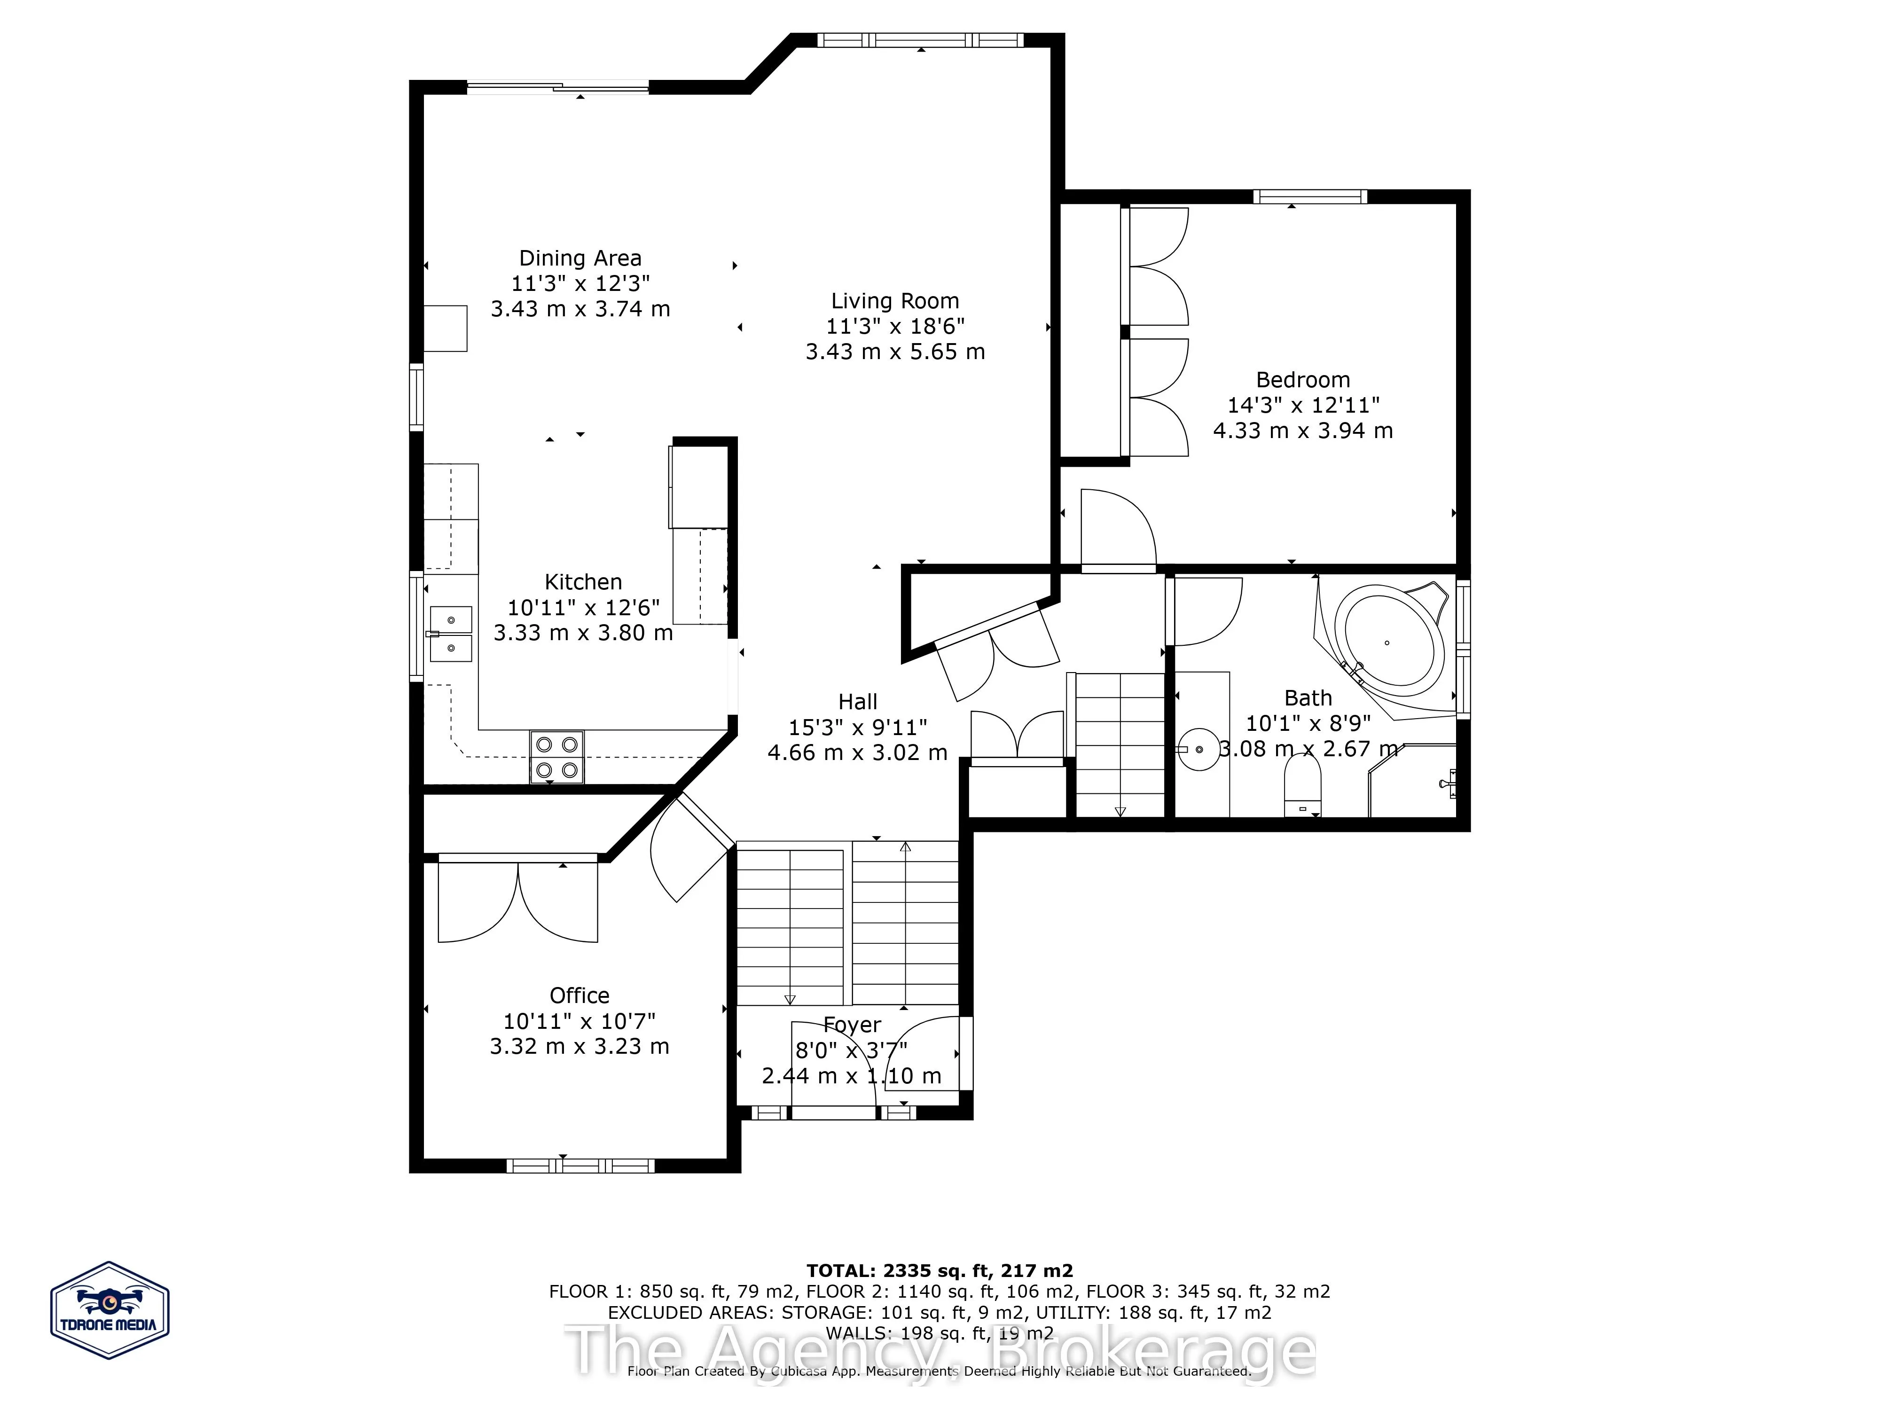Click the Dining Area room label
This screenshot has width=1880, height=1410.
click(580, 258)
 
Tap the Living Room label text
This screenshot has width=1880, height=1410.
click(895, 301)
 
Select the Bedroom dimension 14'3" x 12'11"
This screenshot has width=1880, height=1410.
click(1303, 406)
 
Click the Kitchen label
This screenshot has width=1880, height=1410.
click(583, 582)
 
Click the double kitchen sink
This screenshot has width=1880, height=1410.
click(450, 633)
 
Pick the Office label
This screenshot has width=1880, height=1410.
click(580, 995)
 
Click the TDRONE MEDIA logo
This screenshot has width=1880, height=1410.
click(110, 1310)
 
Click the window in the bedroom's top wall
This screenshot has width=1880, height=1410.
click(1310, 196)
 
